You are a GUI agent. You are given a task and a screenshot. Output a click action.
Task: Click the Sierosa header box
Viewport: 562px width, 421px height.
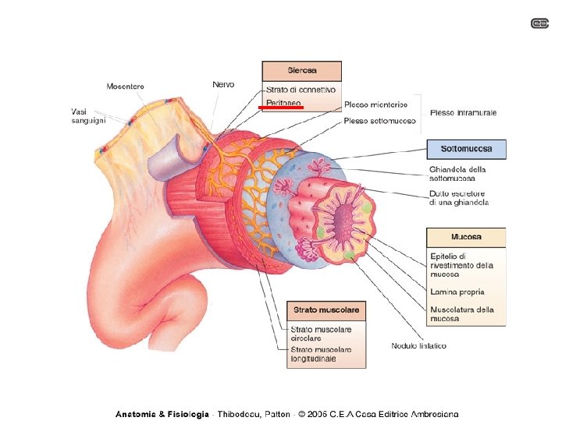click(x=301, y=71)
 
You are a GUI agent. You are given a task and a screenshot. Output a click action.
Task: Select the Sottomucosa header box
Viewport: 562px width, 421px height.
click(x=465, y=149)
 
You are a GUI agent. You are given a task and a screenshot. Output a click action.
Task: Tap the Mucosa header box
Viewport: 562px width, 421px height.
click(x=465, y=237)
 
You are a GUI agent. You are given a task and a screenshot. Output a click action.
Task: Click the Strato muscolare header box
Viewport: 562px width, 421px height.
click(x=325, y=310)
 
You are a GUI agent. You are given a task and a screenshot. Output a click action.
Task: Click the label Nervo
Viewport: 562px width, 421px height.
click(x=223, y=84)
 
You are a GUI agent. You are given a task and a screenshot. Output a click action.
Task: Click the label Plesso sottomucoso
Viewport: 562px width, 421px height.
click(x=377, y=121)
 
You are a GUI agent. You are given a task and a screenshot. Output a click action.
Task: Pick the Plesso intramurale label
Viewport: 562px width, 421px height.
click(x=463, y=113)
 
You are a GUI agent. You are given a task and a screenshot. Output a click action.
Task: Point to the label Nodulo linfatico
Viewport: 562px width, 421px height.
click(x=419, y=345)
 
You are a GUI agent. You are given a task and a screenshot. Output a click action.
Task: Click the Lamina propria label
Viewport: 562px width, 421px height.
click(x=460, y=292)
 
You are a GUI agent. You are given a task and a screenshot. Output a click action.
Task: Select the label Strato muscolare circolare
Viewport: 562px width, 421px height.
click(x=320, y=334)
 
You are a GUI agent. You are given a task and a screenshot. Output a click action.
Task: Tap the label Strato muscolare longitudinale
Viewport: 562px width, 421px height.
click(x=320, y=355)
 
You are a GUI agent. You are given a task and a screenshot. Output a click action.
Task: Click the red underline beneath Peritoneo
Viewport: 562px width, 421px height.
click(x=280, y=109)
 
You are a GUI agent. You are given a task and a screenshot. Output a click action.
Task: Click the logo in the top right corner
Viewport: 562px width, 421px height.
click(x=540, y=23)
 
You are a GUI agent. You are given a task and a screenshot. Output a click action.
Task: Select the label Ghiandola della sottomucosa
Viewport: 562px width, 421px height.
click(x=457, y=174)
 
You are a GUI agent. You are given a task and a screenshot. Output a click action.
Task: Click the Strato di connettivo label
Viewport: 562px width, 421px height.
click(x=301, y=90)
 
